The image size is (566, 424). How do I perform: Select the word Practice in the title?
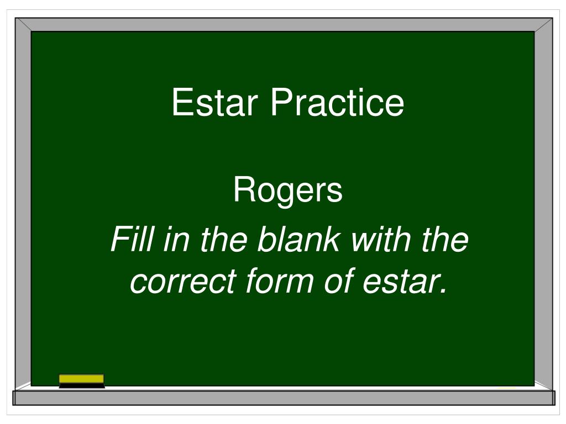[x=337, y=103]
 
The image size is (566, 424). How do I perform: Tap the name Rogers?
[x=287, y=191]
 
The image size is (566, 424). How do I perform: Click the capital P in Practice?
[x=279, y=103]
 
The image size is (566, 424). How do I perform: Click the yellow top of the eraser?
[x=81, y=378]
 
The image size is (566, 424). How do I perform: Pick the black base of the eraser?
[x=81, y=385]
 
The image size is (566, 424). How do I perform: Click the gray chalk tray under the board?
[x=283, y=397]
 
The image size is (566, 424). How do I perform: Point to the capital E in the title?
[x=180, y=103]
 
